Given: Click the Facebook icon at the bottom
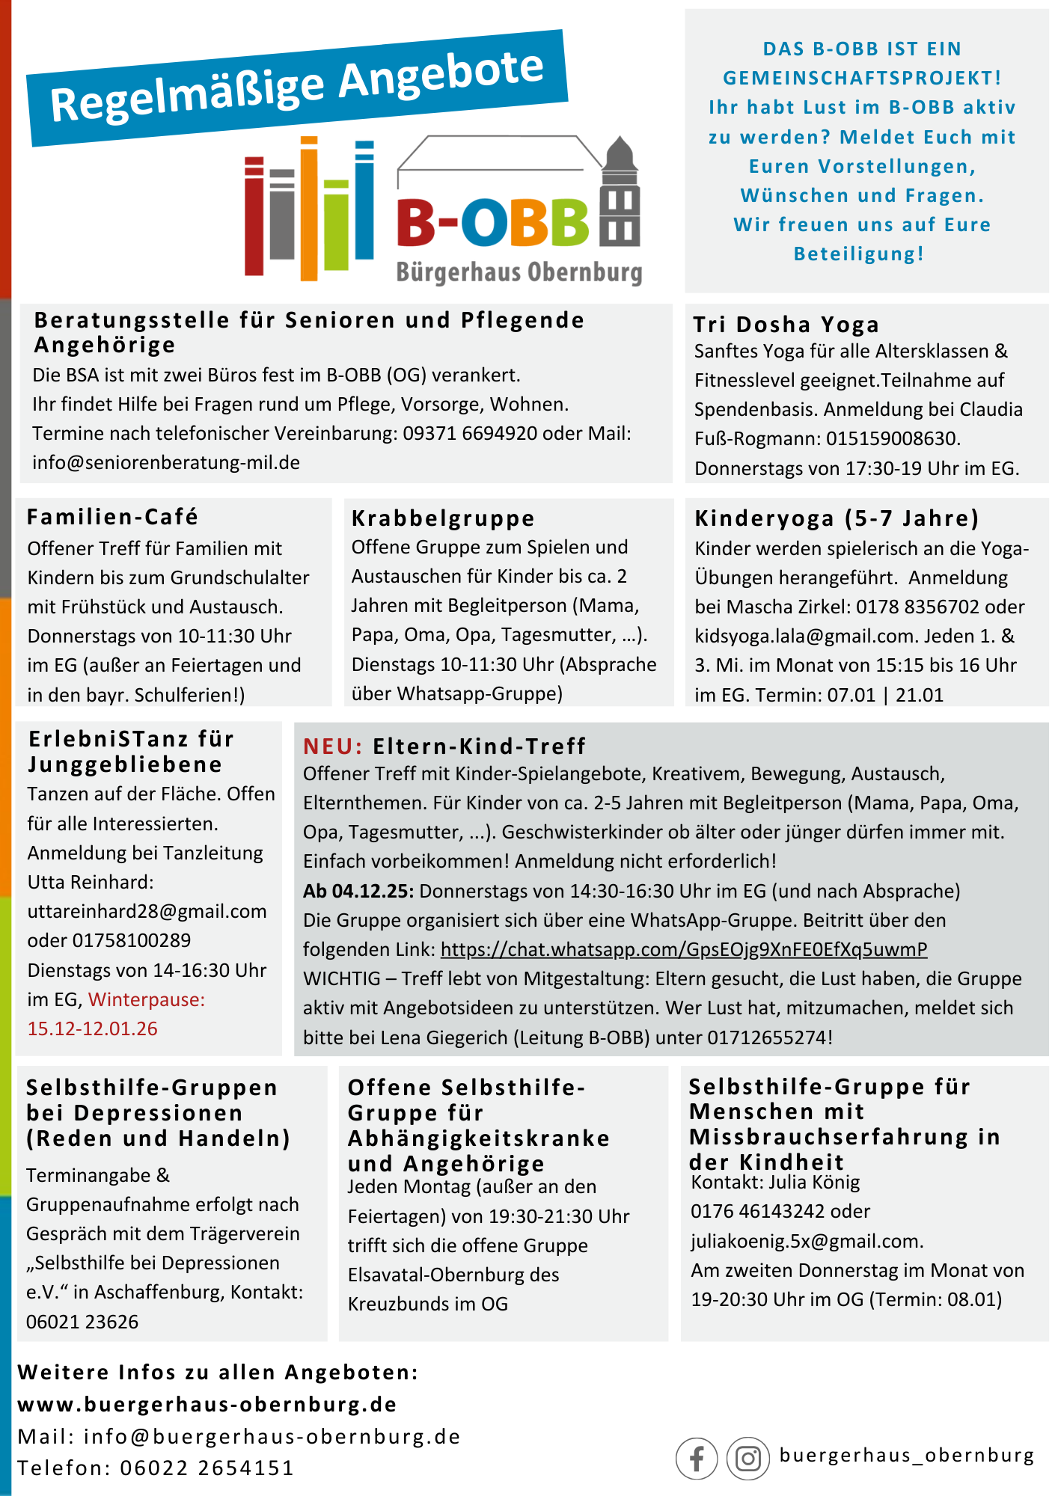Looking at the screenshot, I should [696, 1458].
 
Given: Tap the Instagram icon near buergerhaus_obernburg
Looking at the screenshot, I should [747, 1458].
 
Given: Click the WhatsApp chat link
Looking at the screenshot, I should [683, 949].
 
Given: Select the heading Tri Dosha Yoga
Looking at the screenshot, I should [786, 325].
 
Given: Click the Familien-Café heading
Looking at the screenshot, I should [112, 517].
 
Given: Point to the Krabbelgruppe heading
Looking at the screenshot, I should [443, 518].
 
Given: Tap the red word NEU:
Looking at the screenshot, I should [332, 746].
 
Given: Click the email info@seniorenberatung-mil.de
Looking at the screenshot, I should [166, 462].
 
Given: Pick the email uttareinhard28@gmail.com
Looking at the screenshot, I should [147, 911].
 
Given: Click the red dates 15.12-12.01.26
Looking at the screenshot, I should [93, 1028].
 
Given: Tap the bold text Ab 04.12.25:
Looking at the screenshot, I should [358, 891].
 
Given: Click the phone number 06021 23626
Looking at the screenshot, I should [82, 1322].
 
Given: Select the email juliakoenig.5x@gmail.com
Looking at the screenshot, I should [805, 1241].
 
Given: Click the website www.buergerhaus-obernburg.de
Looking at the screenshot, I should [207, 1404].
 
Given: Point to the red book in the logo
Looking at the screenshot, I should [254, 217].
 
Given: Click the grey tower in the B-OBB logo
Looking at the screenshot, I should [620, 194].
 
